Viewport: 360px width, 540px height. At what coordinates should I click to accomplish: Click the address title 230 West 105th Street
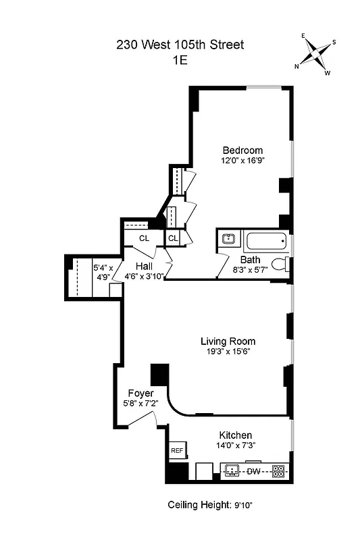coord(180,45)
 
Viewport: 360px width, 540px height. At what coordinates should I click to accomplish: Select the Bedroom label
coord(242,150)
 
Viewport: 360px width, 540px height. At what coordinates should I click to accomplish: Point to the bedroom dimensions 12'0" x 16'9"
coord(242,161)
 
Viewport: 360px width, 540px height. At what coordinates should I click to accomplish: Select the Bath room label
coord(251,259)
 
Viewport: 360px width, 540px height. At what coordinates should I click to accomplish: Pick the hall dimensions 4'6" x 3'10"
coord(145,276)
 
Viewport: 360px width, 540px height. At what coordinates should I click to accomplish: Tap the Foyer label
coord(140,393)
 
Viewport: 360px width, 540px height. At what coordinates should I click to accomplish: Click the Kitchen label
coord(236,435)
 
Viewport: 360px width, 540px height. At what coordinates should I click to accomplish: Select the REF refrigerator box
coord(177,450)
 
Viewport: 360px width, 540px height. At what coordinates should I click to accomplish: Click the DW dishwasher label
coord(254,471)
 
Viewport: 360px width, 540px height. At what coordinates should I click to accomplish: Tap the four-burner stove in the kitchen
coord(278,471)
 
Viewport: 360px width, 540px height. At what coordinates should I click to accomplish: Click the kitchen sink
coord(232,471)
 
